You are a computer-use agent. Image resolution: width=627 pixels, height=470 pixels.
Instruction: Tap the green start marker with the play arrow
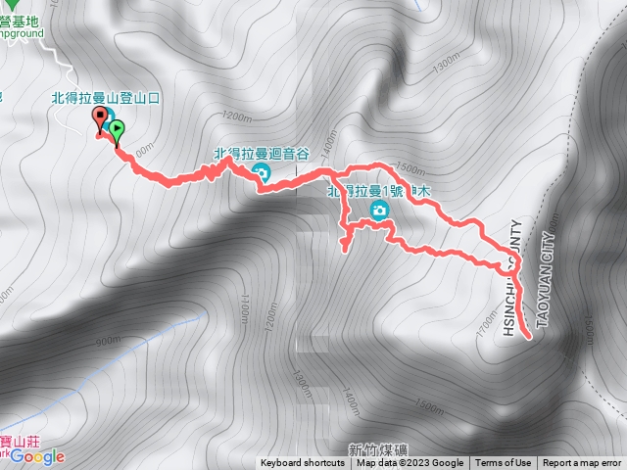pos(117,128)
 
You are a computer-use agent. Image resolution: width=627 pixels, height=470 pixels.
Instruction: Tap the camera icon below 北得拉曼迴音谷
pos(262,174)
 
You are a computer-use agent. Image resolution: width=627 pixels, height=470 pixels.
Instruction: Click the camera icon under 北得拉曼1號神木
pos(379,211)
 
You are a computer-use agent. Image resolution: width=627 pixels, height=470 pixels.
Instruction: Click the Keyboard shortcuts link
pos(302,463)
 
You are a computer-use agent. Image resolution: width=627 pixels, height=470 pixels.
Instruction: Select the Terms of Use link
pos(504,463)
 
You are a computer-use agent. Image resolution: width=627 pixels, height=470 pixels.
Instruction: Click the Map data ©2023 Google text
pos(410,463)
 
